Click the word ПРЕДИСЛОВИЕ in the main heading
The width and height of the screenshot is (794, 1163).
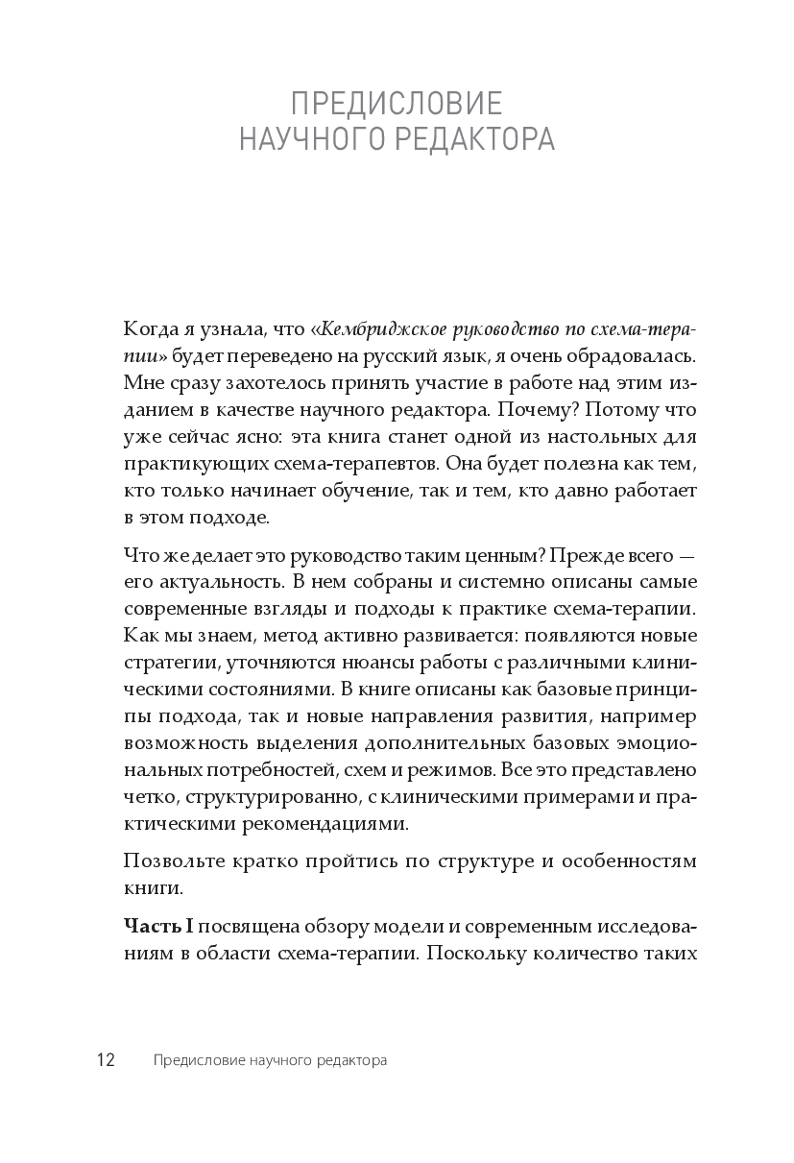click(x=397, y=104)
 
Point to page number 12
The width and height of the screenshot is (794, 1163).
click(x=105, y=1061)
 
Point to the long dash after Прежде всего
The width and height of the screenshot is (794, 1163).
click(x=686, y=555)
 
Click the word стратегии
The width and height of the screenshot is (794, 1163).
click(x=163, y=663)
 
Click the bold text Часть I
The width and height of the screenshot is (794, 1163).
click(x=159, y=926)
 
